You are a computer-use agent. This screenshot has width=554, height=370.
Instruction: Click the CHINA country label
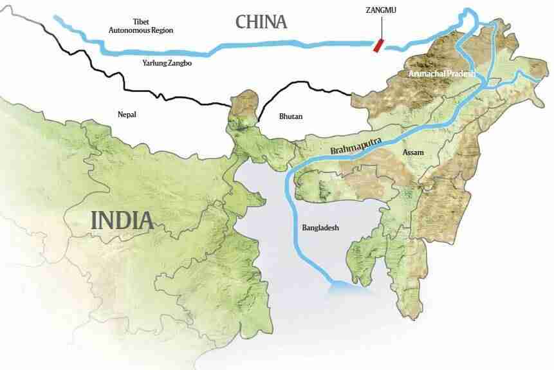click(x=261, y=21)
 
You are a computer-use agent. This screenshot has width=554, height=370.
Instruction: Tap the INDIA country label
click(x=122, y=221)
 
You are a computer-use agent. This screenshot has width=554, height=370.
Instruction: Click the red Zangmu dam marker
click(x=380, y=44)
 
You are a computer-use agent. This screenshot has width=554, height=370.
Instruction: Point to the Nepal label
click(x=127, y=115)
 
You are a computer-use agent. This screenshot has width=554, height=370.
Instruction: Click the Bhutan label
click(x=291, y=116)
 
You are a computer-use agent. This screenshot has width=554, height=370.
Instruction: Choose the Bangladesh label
click(x=320, y=228)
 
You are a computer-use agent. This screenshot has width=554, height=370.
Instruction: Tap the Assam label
click(x=412, y=153)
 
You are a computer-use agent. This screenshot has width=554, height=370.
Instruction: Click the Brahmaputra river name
click(x=355, y=143)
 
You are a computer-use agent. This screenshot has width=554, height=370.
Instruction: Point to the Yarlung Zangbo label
click(x=167, y=63)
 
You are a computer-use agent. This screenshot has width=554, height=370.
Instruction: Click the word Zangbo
click(x=180, y=63)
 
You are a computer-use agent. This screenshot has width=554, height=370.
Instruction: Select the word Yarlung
click(x=154, y=63)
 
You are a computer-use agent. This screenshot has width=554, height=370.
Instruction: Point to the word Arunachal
click(x=429, y=75)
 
